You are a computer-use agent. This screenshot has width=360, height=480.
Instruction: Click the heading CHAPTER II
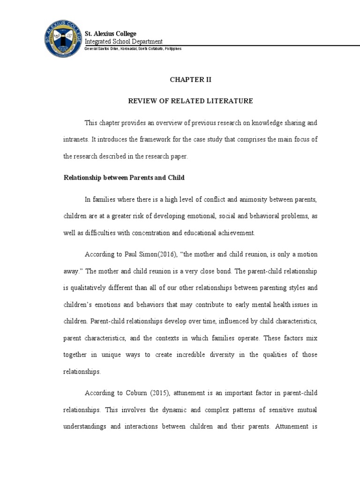[190, 80]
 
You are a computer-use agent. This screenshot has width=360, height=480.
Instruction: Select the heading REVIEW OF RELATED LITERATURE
[191, 101]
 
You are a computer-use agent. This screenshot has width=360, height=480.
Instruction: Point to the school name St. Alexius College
[110, 34]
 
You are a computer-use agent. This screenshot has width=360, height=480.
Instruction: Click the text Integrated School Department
[123, 42]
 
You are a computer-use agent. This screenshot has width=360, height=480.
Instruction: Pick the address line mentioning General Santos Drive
[133, 49]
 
